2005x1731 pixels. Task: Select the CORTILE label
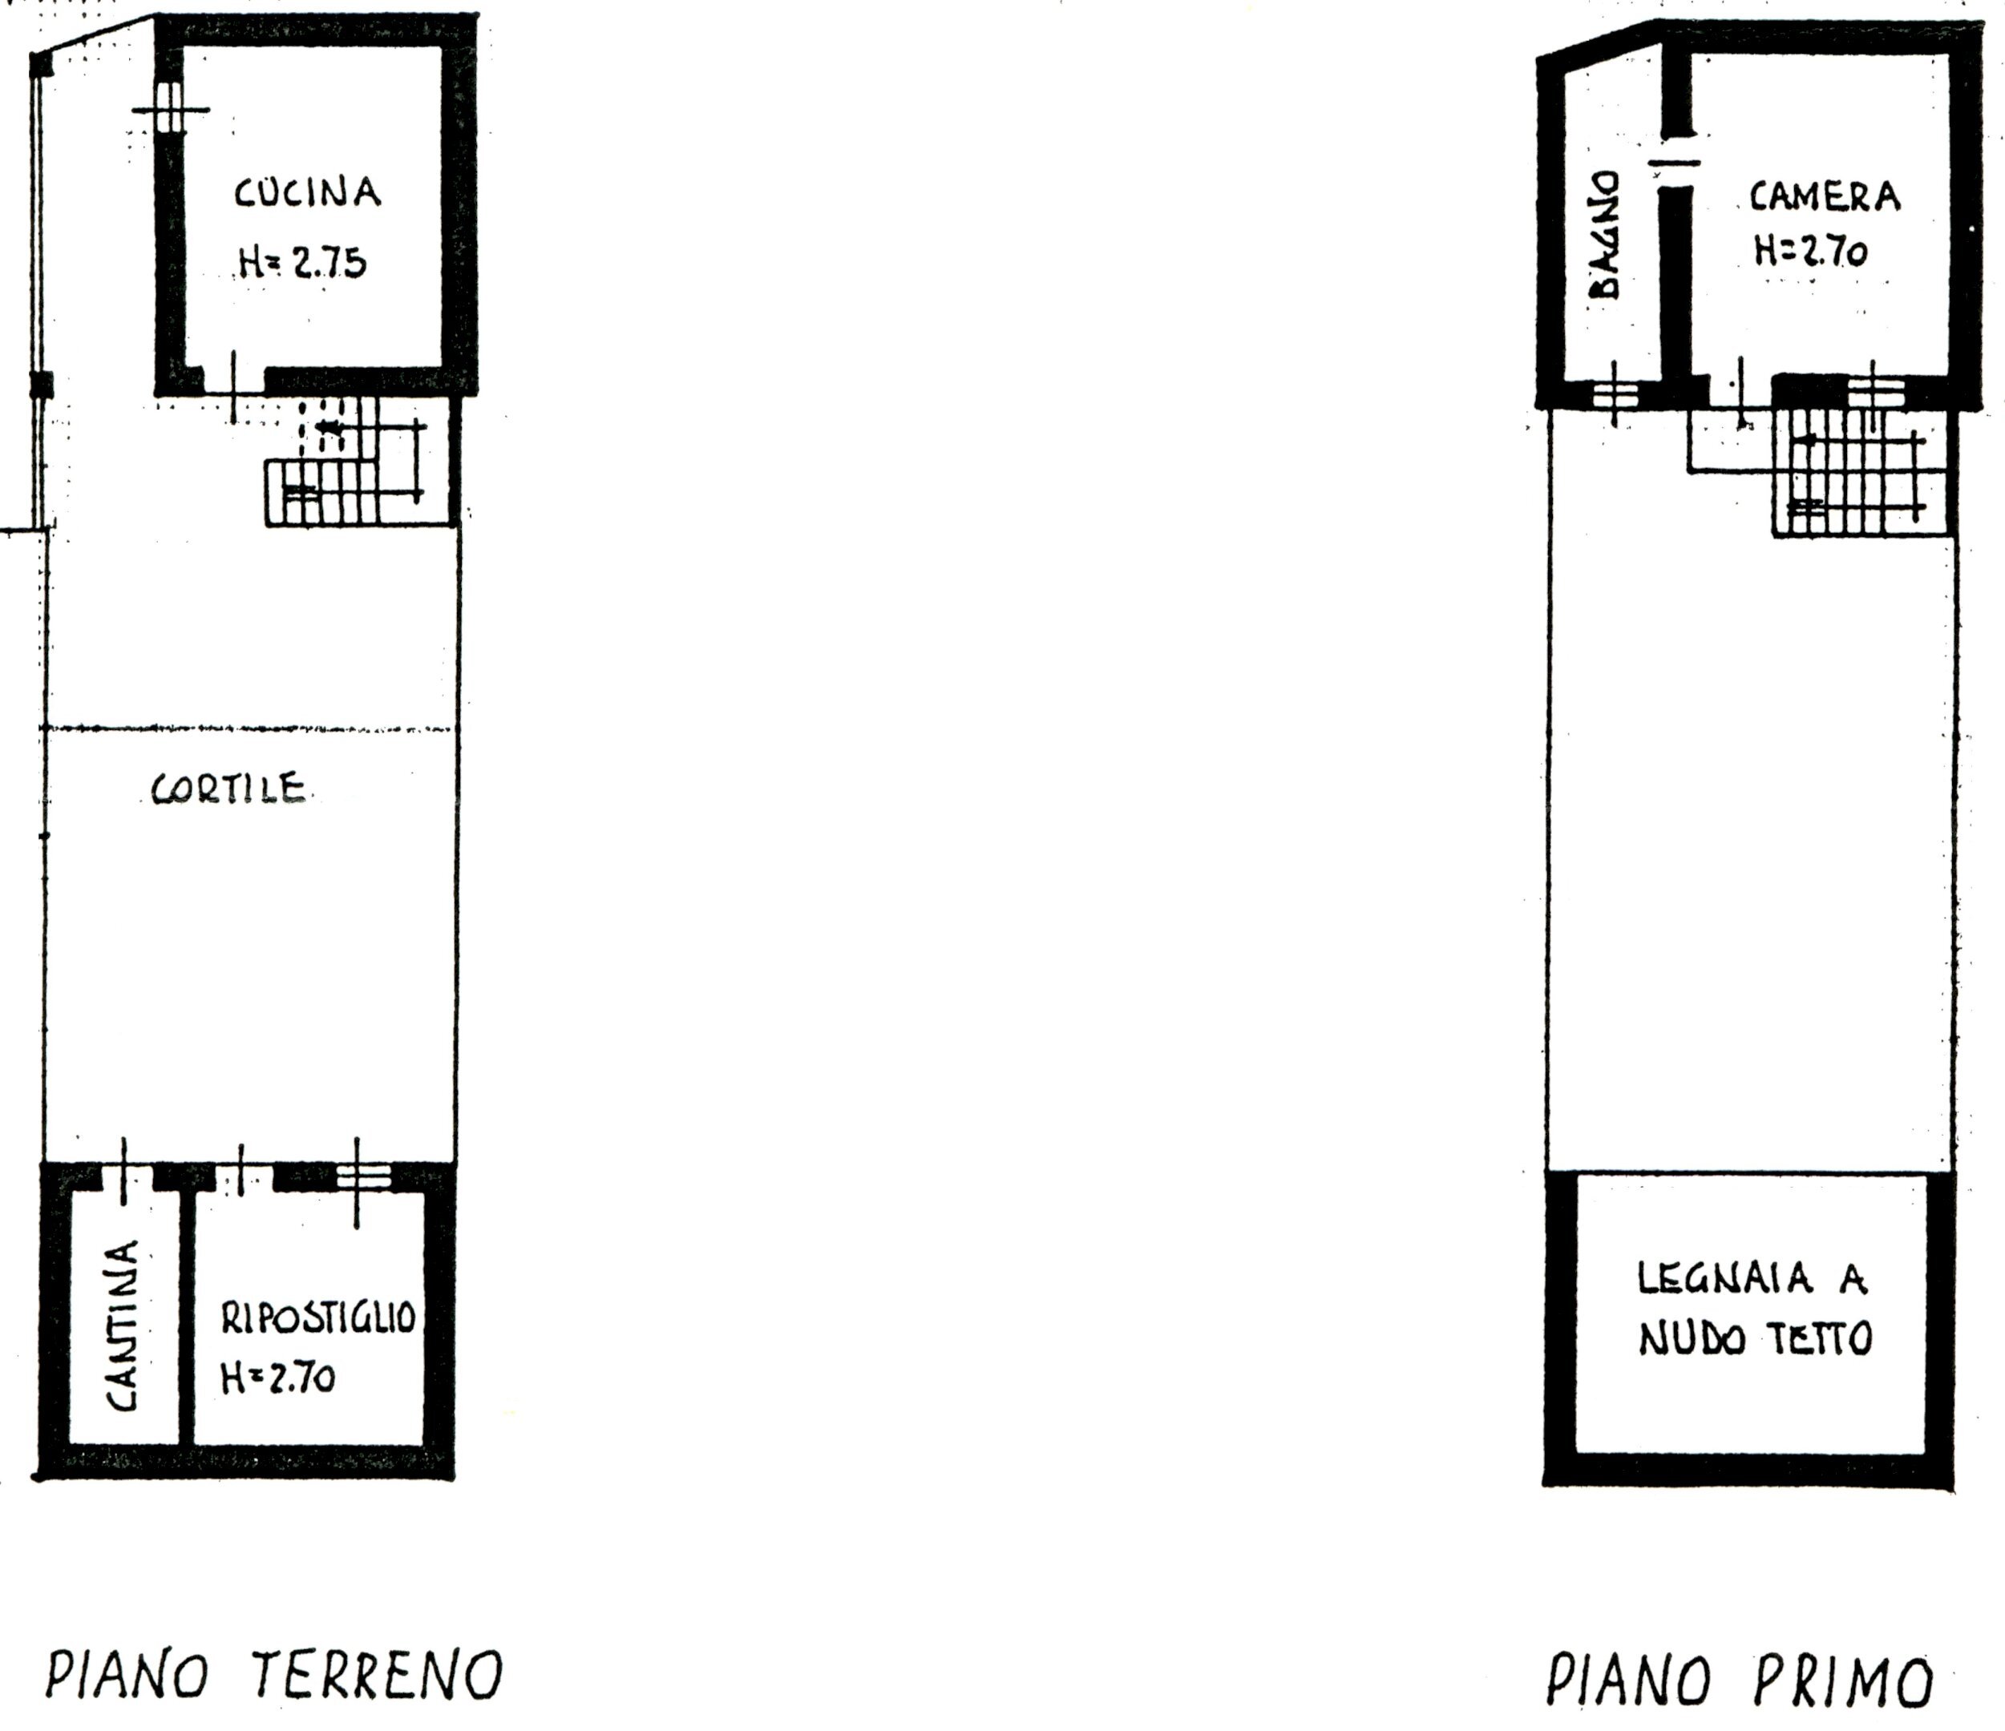click(x=229, y=789)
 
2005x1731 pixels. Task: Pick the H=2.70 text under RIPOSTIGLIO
click(x=279, y=1378)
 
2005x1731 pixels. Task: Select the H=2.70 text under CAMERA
click(x=1809, y=252)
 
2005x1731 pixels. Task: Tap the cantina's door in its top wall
click(x=127, y=1176)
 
